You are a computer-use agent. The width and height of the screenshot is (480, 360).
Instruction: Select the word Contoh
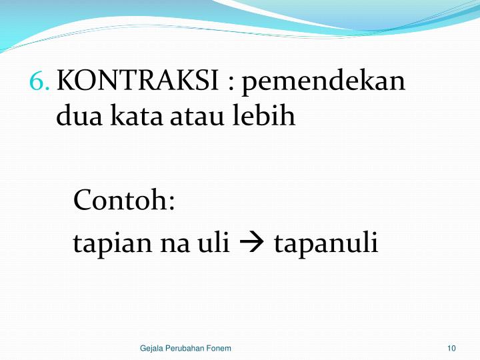coord(121,200)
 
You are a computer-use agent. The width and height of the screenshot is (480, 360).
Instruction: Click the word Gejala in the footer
coord(153,349)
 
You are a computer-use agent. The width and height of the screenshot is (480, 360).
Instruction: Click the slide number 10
coord(451,349)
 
